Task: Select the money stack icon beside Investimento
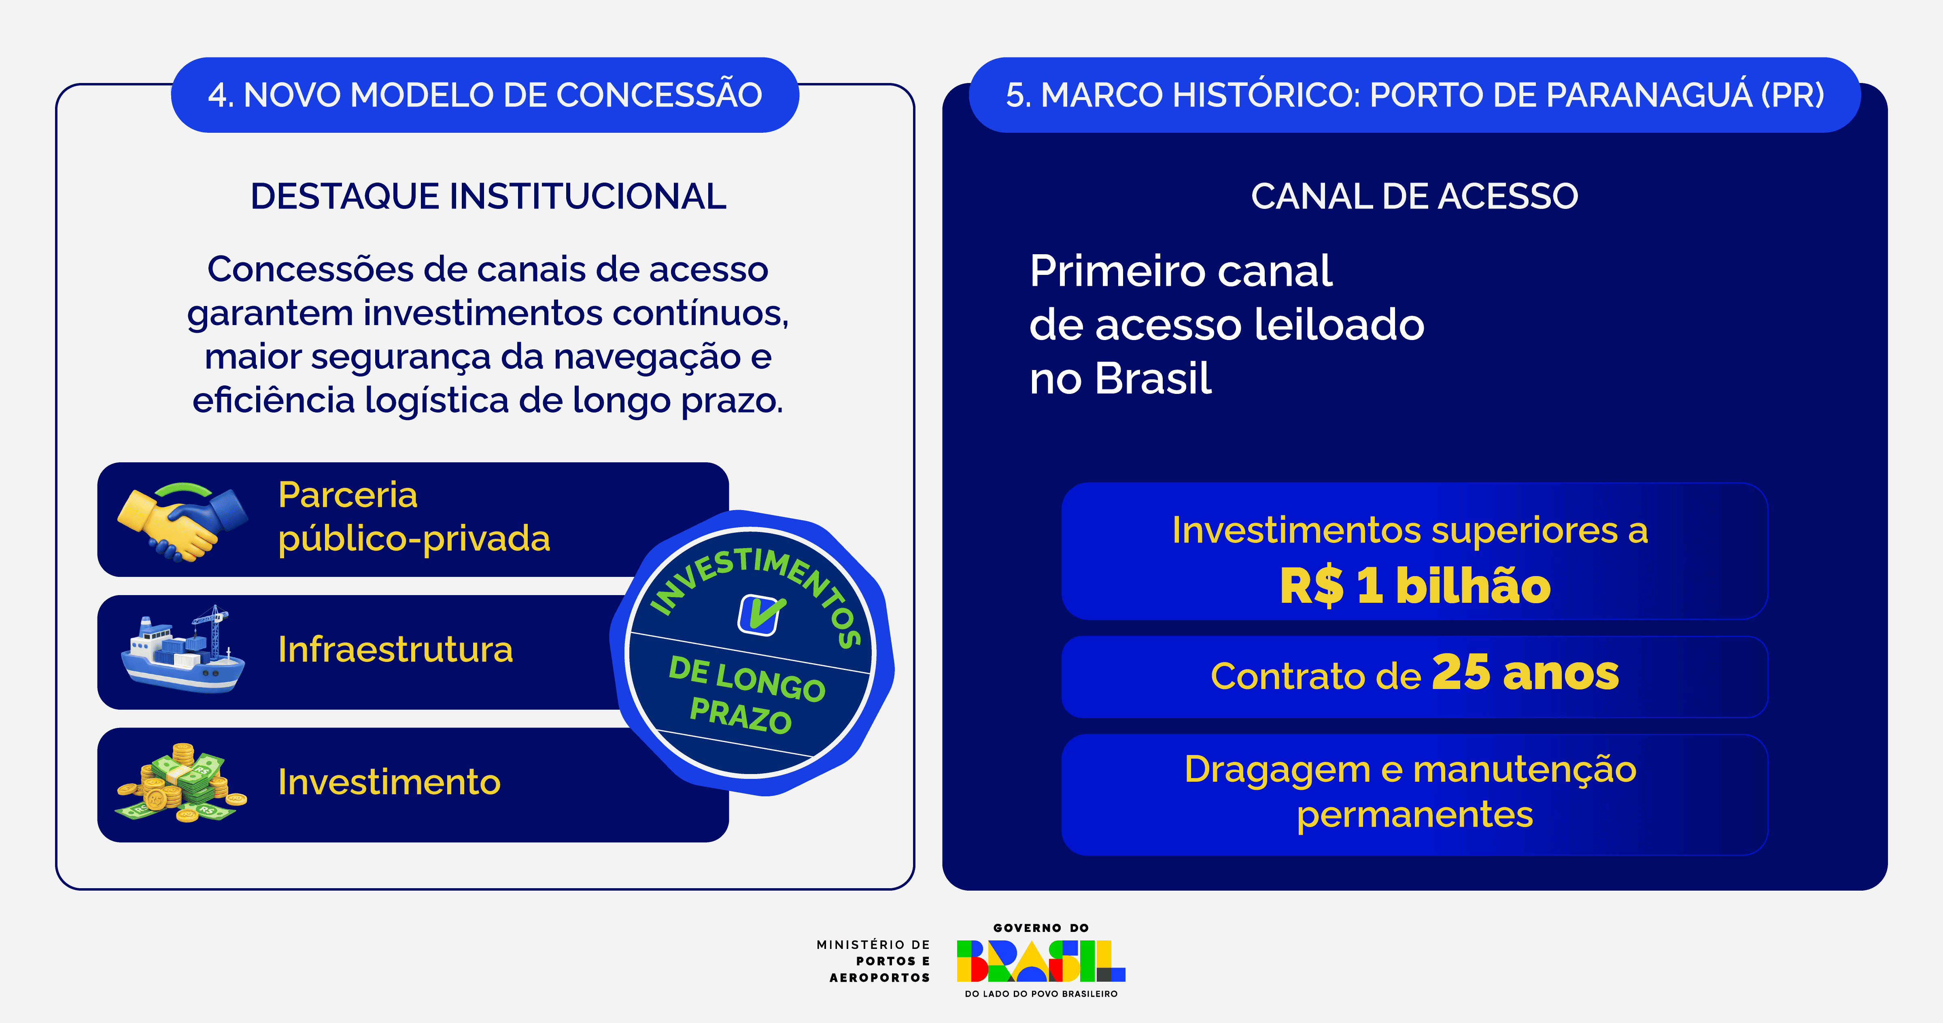point(181,783)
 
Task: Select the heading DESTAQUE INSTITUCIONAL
point(488,196)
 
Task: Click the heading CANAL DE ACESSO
point(1414,196)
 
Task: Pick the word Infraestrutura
point(395,650)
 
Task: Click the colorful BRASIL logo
point(1041,960)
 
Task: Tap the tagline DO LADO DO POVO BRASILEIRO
point(1041,993)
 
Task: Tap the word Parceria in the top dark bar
point(348,495)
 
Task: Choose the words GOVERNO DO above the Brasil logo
point(1041,928)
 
